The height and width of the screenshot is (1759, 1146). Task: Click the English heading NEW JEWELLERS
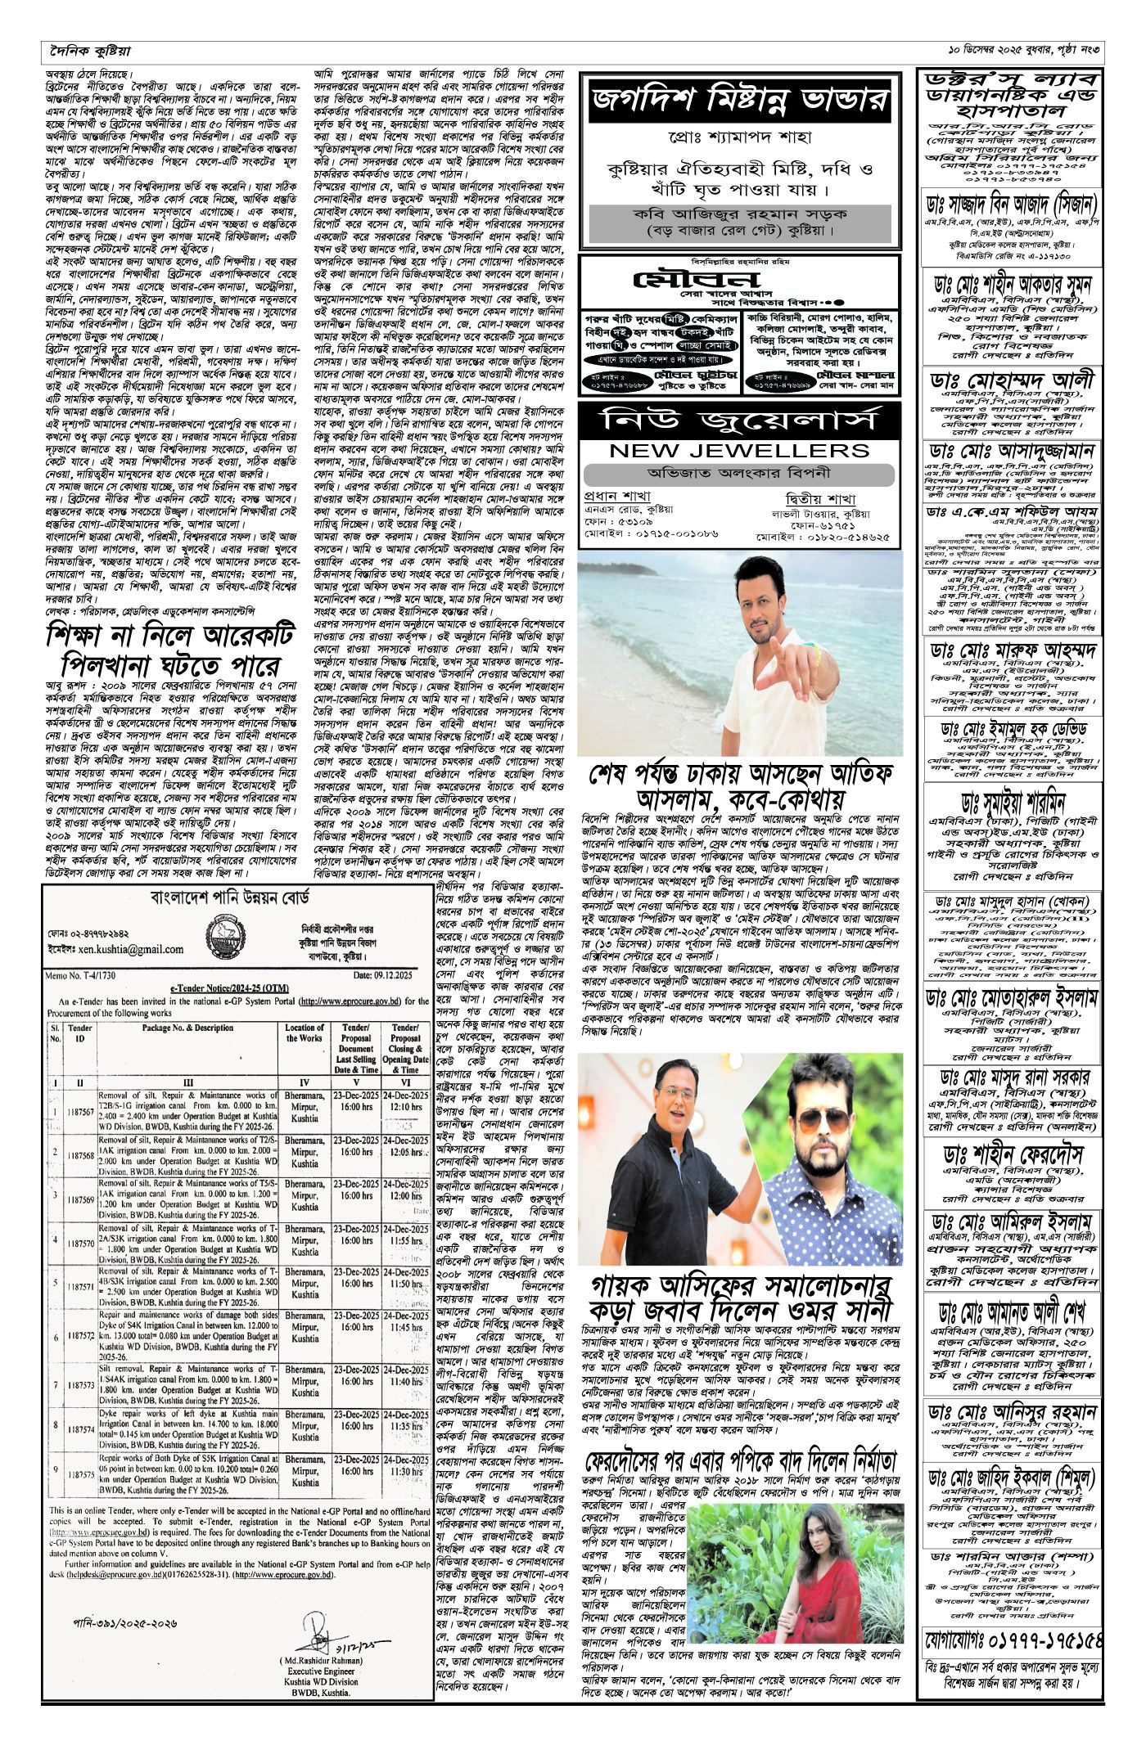pyautogui.click(x=739, y=450)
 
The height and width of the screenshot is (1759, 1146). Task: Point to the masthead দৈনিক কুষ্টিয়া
pyautogui.click(x=88, y=52)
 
